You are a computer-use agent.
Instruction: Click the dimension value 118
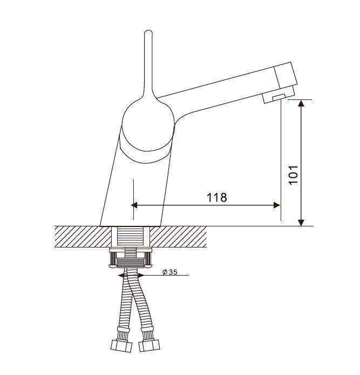pyautogui.click(x=216, y=198)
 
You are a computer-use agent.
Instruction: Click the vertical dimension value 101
pyautogui.click(x=294, y=175)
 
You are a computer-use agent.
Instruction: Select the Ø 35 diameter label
pyautogui.click(x=170, y=272)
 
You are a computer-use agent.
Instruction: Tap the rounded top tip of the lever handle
pyautogui.click(x=148, y=31)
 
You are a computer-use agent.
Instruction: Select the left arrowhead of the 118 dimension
pyautogui.click(x=134, y=205)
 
